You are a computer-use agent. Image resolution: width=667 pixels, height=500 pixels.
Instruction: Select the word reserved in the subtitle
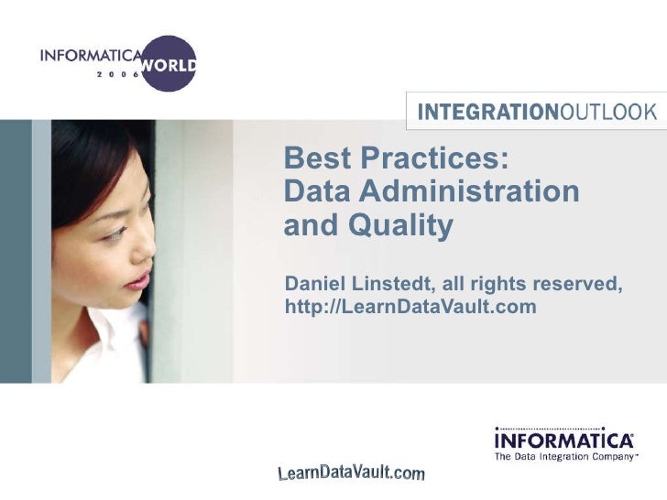pos(577,284)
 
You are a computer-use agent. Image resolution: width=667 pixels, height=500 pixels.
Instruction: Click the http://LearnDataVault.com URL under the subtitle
pos(410,306)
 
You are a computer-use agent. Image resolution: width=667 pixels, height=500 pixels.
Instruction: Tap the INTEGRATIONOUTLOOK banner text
pos(537,113)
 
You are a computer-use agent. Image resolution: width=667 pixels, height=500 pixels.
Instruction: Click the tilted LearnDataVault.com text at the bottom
pos(351,473)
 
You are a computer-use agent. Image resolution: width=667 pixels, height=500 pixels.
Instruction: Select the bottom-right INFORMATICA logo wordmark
pos(563,440)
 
